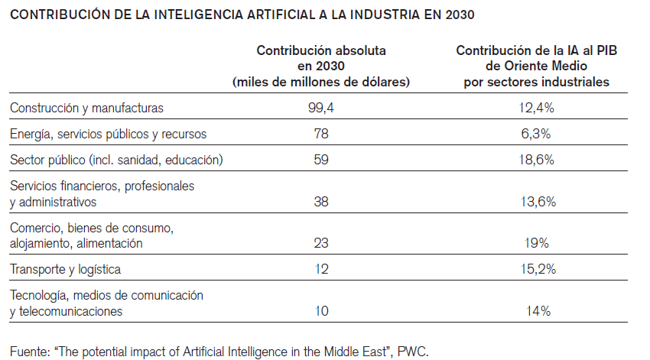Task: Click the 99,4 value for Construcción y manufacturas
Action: point(321,109)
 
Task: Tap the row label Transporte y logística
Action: point(65,269)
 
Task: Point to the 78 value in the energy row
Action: point(321,135)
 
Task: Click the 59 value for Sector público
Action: point(321,161)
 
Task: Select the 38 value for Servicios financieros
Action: point(321,202)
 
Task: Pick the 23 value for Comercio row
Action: point(321,244)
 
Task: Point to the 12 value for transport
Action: point(321,269)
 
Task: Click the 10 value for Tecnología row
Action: point(321,311)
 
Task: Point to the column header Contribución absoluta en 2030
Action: point(321,66)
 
